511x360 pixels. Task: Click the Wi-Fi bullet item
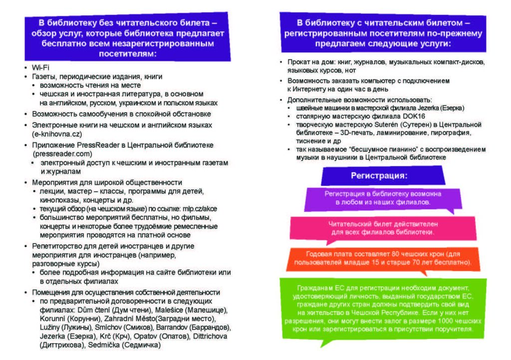[40, 67]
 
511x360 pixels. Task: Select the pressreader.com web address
[63, 154]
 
